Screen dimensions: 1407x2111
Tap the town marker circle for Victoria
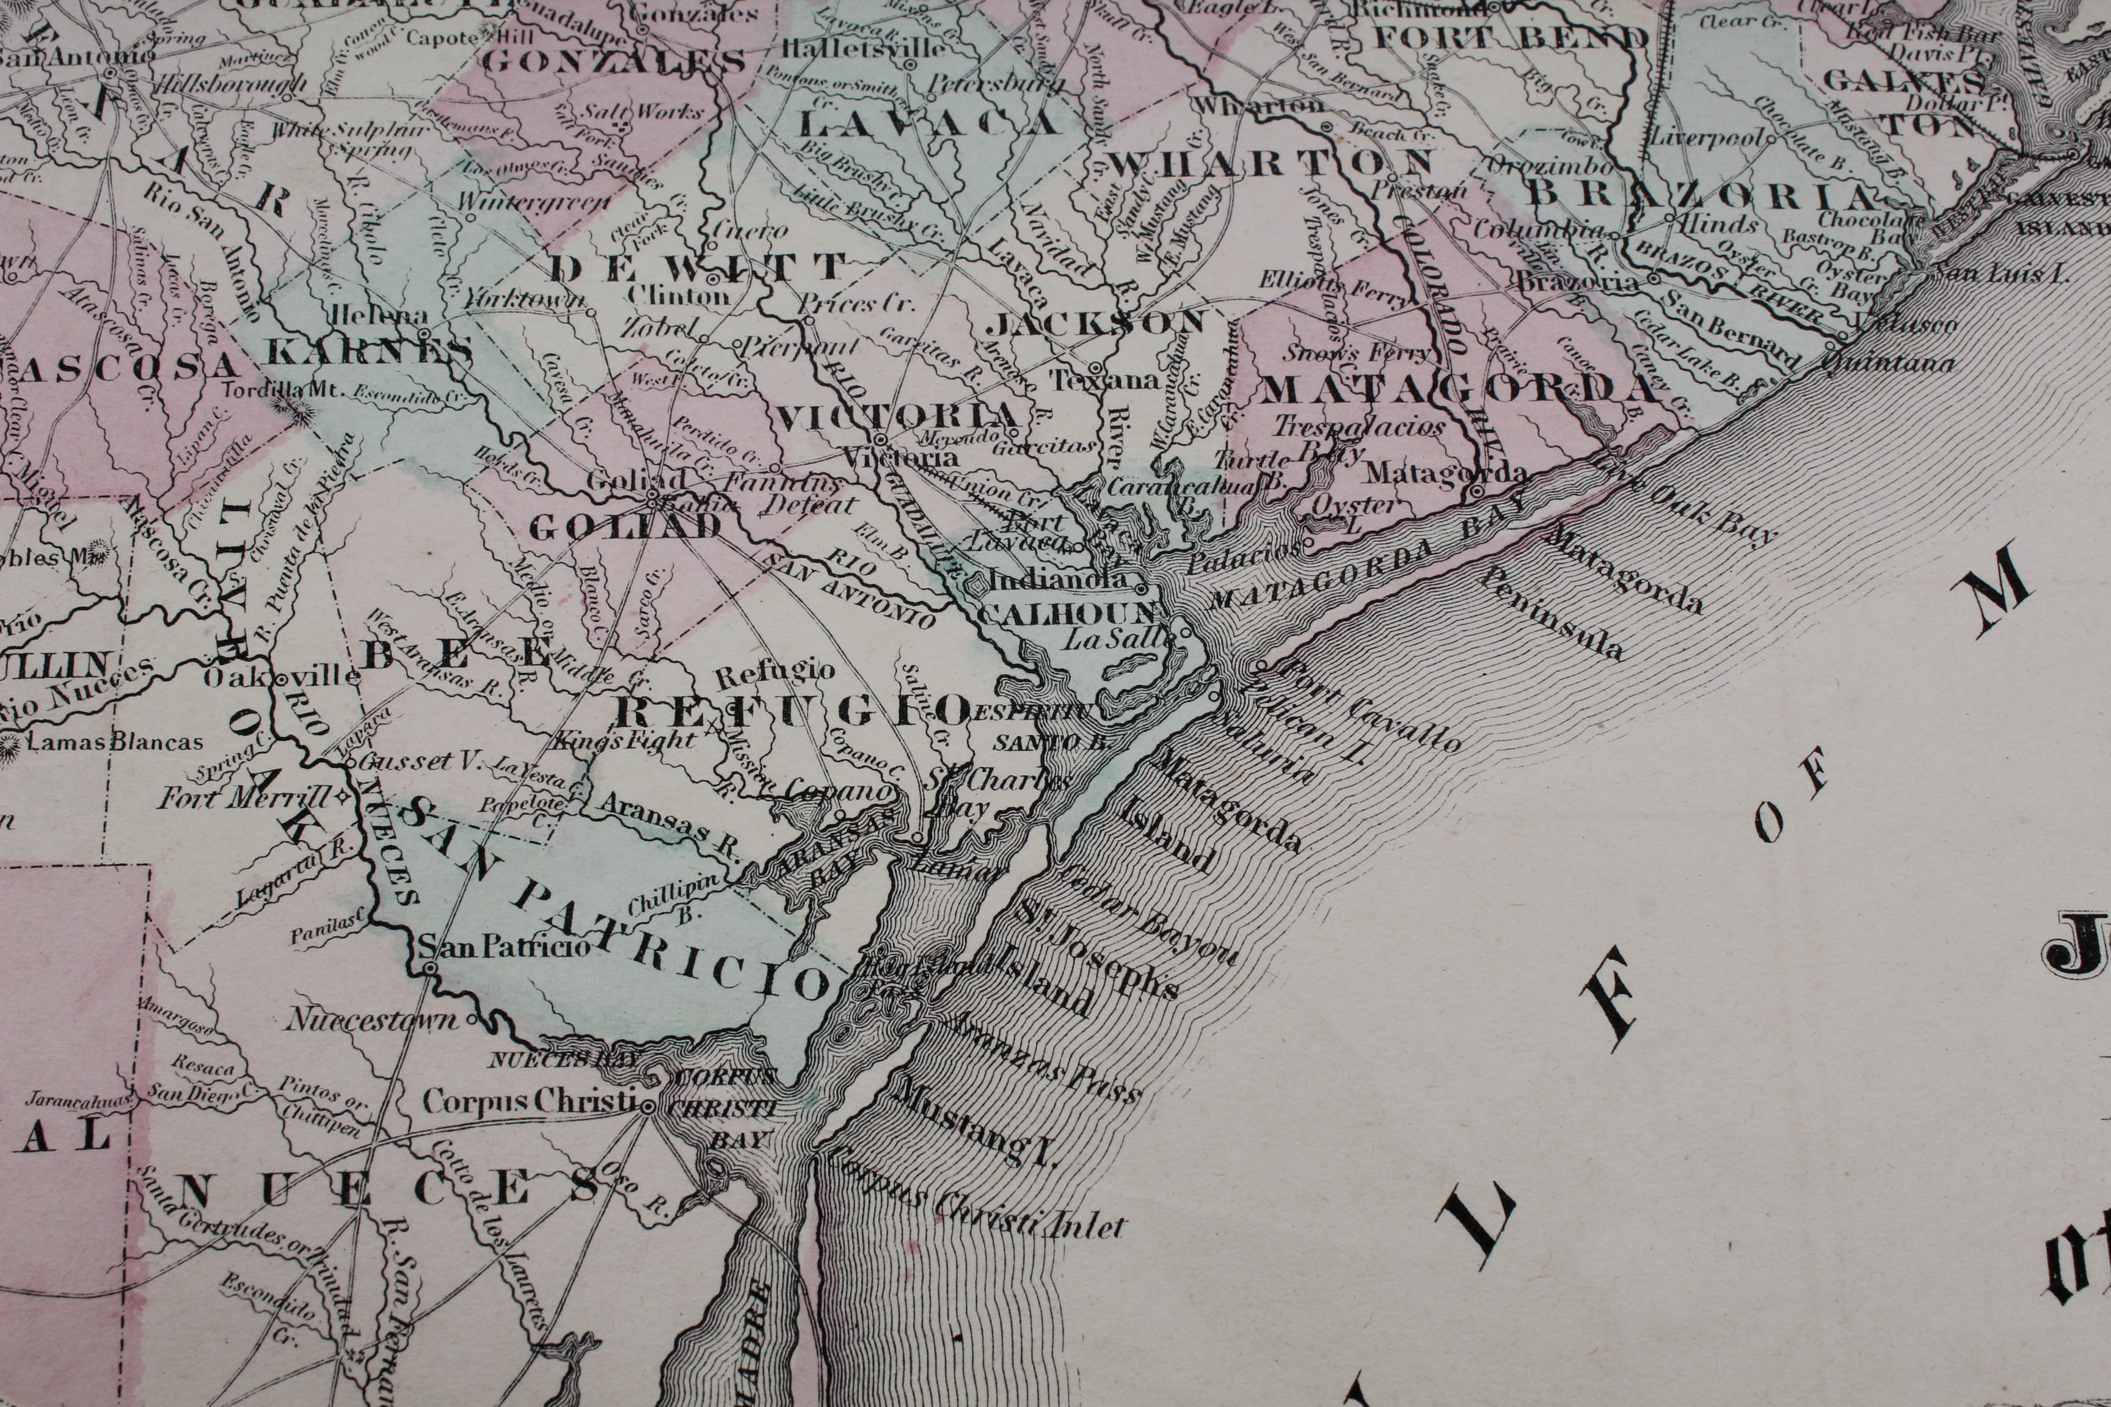point(880,440)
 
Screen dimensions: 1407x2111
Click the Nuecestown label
point(371,1020)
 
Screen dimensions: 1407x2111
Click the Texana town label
point(1106,380)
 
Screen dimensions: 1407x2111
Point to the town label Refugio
point(776,671)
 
